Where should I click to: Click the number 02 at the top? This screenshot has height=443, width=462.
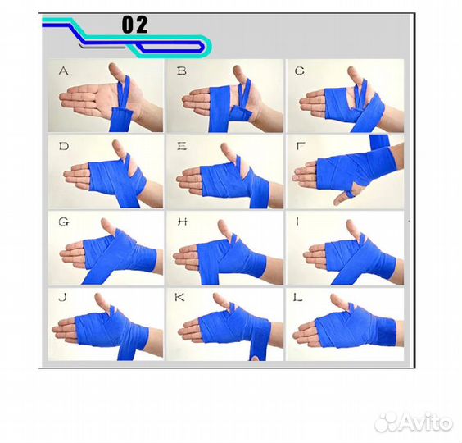point(134,25)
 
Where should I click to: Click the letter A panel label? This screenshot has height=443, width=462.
point(64,71)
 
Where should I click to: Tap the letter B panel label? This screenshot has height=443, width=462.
point(182,71)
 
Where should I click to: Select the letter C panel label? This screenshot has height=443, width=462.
point(299,71)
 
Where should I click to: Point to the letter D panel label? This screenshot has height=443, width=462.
point(64,146)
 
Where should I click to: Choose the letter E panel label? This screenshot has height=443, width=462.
point(182,146)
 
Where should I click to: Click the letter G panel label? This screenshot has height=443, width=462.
point(64,221)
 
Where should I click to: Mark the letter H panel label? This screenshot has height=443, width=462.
point(182,221)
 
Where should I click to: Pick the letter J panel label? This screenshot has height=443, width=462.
point(62,298)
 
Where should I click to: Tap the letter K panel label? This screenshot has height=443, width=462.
point(179,298)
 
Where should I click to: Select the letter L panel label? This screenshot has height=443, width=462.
point(298,298)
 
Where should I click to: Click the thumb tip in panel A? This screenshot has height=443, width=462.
point(113,68)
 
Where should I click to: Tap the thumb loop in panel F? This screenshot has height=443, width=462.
point(350,194)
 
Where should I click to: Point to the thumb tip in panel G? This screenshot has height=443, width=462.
point(106,223)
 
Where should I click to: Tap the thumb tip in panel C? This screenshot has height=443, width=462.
point(351,71)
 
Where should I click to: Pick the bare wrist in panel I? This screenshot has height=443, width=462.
point(398,268)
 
